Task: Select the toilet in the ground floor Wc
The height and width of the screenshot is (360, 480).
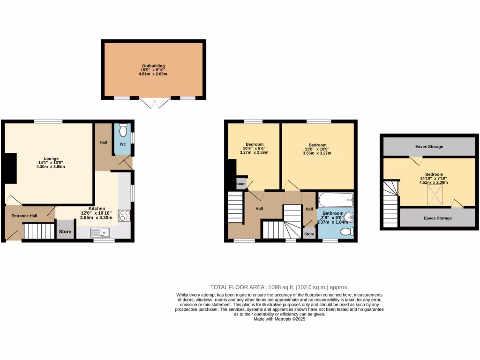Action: (123, 129)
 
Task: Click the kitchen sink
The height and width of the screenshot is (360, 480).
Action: (99, 232)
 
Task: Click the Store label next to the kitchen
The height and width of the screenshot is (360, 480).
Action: (65, 232)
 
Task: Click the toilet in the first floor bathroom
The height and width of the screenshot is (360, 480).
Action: (346, 232)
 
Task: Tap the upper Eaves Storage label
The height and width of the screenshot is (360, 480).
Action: (429, 147)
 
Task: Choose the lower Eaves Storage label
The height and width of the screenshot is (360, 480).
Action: (438, 218)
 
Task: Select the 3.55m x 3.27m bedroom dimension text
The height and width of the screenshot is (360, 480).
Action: (317, 153)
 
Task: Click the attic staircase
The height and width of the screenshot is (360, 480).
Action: (390, 204)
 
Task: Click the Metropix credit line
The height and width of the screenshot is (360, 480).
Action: (279, 319)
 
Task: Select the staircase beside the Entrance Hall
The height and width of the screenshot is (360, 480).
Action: (38, 231)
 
